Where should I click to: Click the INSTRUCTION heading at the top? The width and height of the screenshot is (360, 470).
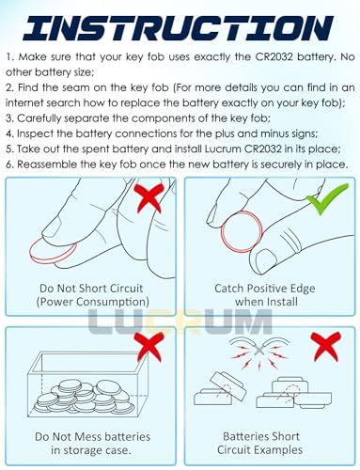coord(179,27)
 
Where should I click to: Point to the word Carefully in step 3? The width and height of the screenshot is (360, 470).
coord(39,118)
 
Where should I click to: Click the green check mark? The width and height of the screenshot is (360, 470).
coord(326,198)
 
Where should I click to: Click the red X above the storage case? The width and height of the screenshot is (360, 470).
coord(149,347)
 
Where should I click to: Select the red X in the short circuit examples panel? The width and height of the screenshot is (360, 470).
coord(326,347)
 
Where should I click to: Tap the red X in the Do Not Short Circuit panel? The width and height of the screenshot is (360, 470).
coord(149,198)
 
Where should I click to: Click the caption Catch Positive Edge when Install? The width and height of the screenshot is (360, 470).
coord(265,295)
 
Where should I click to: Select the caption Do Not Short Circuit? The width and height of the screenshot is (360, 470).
coord(91,289)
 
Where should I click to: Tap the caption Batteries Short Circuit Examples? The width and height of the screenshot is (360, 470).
coord(260,443)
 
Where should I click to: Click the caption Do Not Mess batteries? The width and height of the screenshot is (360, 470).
coord(92,437)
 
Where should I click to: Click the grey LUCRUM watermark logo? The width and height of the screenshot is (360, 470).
coord(180,321)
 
